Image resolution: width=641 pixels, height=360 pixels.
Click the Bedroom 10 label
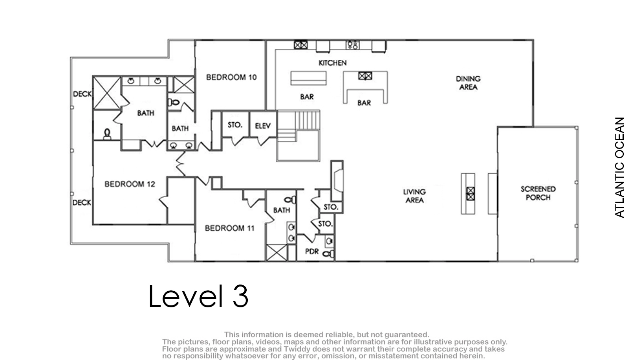(x=231, y=77)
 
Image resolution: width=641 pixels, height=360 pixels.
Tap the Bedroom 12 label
(x=130, y=184)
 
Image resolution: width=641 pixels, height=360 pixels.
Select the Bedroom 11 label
(x=229, y=228)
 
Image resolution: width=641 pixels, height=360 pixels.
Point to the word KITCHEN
(x=333, y=63)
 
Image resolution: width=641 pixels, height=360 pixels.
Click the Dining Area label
(x=468, y=83)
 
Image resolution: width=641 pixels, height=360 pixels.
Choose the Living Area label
(x=414, y=196)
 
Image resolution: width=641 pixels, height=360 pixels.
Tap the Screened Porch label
(x=538, y=193)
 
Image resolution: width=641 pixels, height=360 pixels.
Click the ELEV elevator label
(x=263, y=126)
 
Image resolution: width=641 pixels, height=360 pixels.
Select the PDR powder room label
(x=311, y=252)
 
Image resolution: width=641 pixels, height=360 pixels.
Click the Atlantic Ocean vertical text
(x=619, y=167)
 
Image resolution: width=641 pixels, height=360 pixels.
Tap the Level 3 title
(x=198, y=296)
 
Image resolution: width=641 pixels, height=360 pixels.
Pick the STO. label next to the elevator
(x=235, y=125)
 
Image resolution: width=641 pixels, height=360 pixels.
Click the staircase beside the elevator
(x=298, y=136)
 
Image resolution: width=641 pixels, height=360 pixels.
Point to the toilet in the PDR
(x=328, y=254)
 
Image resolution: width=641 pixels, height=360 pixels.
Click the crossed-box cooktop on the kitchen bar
(x=365, y=76)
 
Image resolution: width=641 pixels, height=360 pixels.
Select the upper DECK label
(x=82, y=94)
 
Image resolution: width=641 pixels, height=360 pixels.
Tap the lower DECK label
(x=82, y=203)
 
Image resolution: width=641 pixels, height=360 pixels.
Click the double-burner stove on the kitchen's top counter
(x=353, y=45)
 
